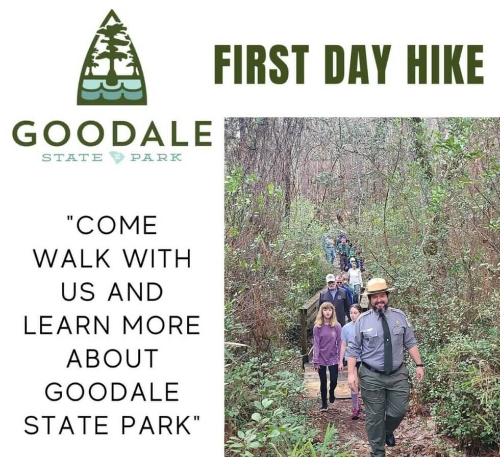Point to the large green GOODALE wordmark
pos(112,134)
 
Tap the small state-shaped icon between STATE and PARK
pos(116,157)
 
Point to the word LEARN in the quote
pos(63,325)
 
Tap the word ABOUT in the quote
pos(112,359)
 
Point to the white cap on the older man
pos(331,278)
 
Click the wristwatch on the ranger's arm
pos(418,365)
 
